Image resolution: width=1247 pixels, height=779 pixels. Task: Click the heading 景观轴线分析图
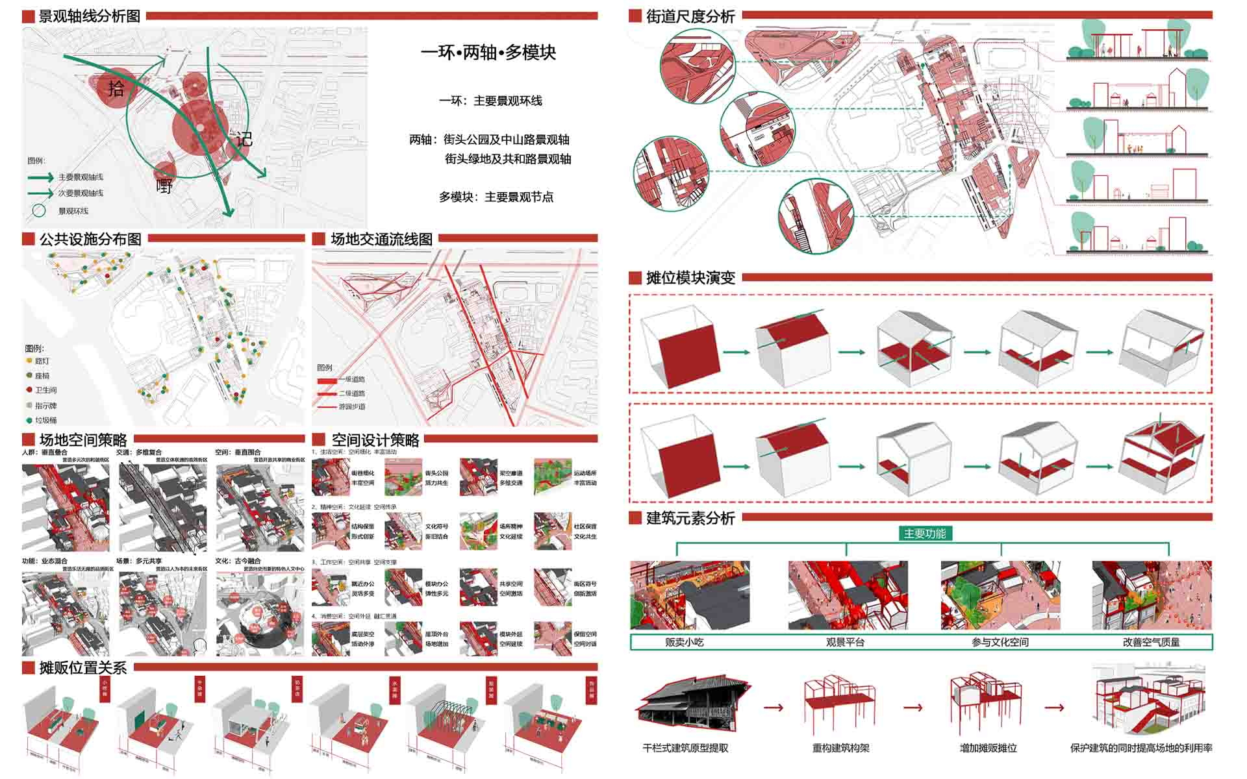[x=89, y=16]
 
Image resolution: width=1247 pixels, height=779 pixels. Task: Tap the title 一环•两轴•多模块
[x=488, y=53]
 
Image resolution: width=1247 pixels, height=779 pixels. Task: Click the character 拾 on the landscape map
[x=116, y=88]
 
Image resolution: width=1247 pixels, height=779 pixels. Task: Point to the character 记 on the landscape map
[x=244, y=139]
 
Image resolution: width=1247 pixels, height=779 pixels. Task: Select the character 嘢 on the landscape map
[x=164, y=186]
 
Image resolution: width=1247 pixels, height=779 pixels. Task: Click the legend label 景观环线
[x=73, y=211]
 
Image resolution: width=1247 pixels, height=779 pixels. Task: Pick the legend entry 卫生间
[x=45, y=390]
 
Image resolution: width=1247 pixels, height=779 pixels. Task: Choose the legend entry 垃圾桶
[x=45, y=420]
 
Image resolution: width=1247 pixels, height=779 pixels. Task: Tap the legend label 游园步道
[x=351, y=407]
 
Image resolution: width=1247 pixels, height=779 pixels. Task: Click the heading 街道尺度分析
[x=690, y=16]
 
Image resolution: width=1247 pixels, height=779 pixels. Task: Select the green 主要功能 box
[x=925, y=534]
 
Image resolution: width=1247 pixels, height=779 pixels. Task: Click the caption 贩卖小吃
[x=684, y=642]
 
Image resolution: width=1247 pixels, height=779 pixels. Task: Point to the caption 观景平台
[x=844, y=642]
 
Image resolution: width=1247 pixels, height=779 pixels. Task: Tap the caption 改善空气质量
[x=1151, y=642]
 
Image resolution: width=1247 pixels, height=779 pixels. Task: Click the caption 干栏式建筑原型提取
[x=685, y=748]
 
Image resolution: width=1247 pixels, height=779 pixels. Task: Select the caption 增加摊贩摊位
[x=988, y=748]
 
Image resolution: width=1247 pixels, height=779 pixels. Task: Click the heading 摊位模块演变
[x=690, y=278]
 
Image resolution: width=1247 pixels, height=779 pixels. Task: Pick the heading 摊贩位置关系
[x=82, y=667]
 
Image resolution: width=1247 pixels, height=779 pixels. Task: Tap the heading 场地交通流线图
[x=381, y=239]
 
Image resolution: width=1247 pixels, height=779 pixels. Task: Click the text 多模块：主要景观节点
[x=496, y=197]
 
